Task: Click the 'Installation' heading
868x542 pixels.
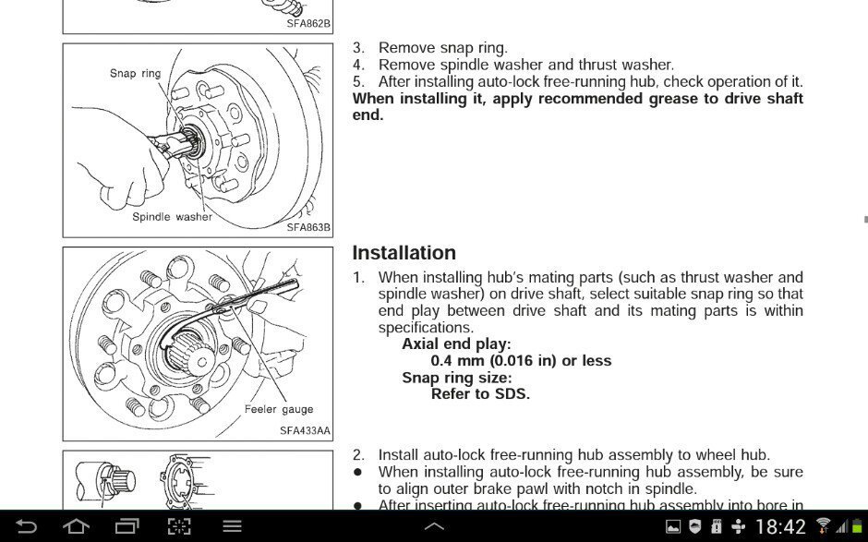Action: pyautogui.click(x=404, y=253)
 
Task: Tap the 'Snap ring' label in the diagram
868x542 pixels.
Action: pyautogui.click(x=135, y=73)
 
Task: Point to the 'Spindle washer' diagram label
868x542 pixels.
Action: pyautogui.click(x=172, y=217)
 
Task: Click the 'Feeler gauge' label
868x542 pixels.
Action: pyautogui.click(x=279, y=409)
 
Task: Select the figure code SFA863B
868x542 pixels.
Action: pyautogui.click(x=307, y=227)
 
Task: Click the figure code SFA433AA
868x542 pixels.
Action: pyautogui.click(x=305, y=430)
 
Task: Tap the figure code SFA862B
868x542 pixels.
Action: pyautogui.click(x=307, y=24)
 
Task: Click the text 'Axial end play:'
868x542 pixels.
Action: pyautogui.click(x=456, y=344)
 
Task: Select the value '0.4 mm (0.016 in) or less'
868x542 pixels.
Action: pyautogui.click(x=521, y=361)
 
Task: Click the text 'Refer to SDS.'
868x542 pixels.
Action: pyautogui.click(x=480, y=394)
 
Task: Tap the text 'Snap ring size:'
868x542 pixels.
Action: pyautogui.click(x=456, y=378)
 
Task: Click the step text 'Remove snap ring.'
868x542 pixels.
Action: pyautogui.click(x=442, y=48)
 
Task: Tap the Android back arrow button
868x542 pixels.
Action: pyautogui.click(x=27, y=526)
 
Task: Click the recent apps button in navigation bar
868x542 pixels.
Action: pyautogui.click(x=127, y=526)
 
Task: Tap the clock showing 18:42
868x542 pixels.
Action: pyautogui.click(x=781, y=527)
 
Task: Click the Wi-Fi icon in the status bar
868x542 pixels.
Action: pyautogui.click(x=825, y=526)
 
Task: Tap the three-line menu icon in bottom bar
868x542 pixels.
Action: pyautogui.click(x=232, y=526)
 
